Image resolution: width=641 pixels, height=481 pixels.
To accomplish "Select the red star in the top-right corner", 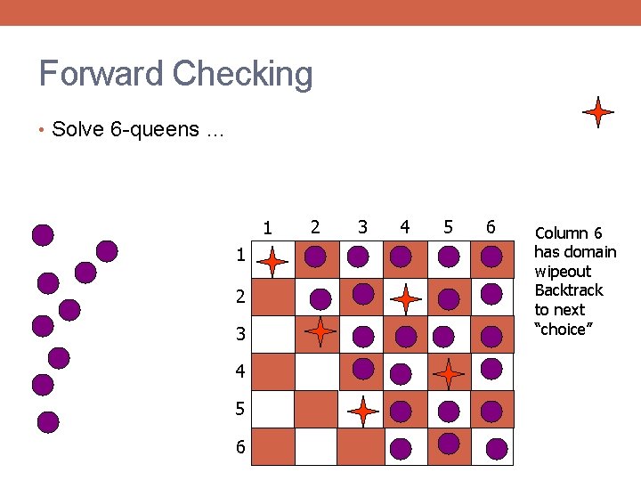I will (x=597, y=112).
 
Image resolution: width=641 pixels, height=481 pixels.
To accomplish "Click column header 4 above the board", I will (x=405, y=227).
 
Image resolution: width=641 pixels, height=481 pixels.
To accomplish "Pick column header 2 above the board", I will (x=315, y=227).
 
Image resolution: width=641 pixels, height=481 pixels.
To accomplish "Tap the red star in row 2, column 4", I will (x=405, y=298).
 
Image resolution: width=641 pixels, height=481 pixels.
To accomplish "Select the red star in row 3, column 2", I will (x=320, y=331).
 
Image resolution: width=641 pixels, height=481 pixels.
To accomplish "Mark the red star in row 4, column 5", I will (x=450, y=372).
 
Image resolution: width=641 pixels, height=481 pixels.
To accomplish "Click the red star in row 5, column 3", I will (x=362, y=411).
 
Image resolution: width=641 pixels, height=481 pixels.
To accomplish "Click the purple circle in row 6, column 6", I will (x=497, y=446).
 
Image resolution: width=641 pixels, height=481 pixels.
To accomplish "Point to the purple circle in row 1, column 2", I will (x=315, y=258).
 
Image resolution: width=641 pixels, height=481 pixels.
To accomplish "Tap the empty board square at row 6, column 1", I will (x=273, y=447).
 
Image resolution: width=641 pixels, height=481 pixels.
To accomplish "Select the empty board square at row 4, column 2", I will (x=316, y=372).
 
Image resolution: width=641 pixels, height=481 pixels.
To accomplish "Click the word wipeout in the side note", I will (x=563, y=272).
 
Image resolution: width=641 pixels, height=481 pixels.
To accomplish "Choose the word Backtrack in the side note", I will (x=568, y=290).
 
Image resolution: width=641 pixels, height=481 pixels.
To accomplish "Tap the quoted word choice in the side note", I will (x=562, y=330).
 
